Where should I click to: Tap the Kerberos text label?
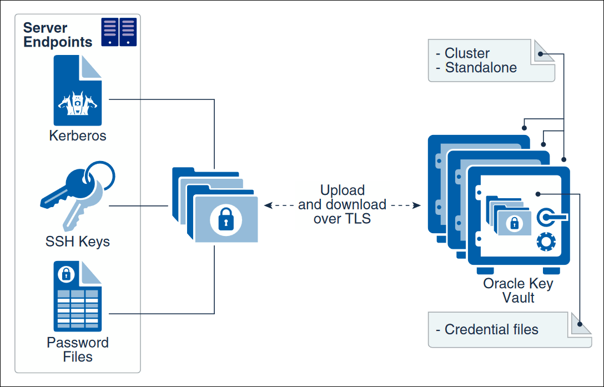[x=78, y=135]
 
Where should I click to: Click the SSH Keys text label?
[x=78, y=242]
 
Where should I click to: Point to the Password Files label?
[x=78, y=349]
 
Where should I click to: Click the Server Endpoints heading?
[x=57, y=35]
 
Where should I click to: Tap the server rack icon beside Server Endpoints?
[x=119, y=32]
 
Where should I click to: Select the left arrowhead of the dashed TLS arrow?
[x=268, y=205]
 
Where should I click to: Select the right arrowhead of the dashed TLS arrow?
[x=416, y=205]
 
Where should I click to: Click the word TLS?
[x=356, y=219]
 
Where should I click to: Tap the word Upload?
[x=343, y=190]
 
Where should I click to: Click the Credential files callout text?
[x=491, y=329]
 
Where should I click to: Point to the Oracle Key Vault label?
[x=518, y=290]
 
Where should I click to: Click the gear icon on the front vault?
[x=546, y=242]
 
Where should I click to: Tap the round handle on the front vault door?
[x=547, y=217]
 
